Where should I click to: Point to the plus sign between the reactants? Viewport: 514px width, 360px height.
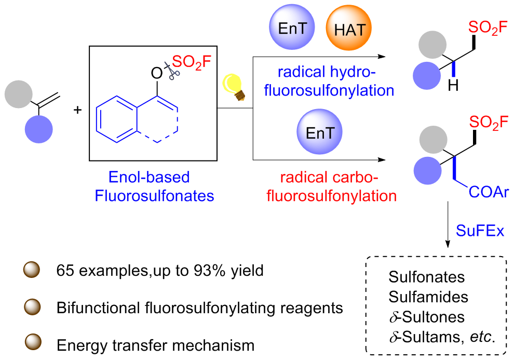[x=79, y=110]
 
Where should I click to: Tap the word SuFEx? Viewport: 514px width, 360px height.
[x=480, y=231]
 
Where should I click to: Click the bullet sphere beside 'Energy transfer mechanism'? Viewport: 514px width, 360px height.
[x=33, y=344]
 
